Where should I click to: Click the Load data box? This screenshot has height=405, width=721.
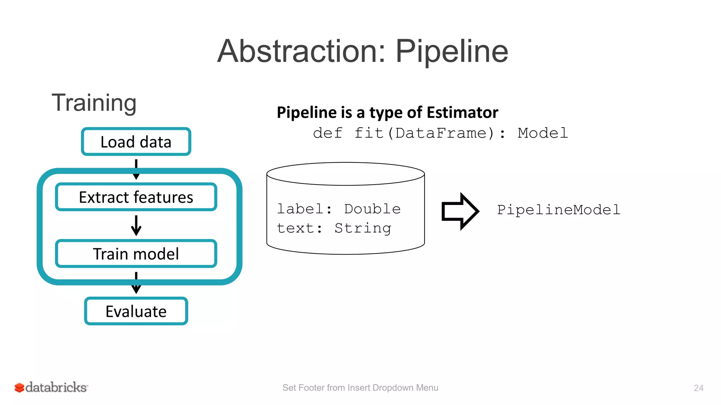point(136,142)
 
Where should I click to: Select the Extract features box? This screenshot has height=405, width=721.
point(136,197)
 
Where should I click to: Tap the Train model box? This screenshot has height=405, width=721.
point(136,253)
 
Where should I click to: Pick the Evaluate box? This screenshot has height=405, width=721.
point(136,311)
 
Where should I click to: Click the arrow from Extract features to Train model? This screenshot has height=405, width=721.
point(136,225)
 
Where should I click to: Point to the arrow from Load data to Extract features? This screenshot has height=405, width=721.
point(136,169)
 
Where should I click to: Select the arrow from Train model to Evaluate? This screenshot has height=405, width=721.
point(136,283)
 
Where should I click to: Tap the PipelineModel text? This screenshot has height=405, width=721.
point(558,210)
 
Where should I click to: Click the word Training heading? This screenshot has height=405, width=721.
point(94,103)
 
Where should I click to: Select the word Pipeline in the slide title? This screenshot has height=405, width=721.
point(452,51)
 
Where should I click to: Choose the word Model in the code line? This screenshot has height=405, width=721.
point(543,133)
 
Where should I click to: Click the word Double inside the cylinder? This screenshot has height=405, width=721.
point(372,209)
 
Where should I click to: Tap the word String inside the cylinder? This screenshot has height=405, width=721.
point(363,228)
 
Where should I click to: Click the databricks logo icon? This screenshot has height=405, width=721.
point(19,387)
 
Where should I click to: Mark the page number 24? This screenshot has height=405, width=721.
point(698,388)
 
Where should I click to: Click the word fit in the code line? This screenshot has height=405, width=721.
point(369,133)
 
